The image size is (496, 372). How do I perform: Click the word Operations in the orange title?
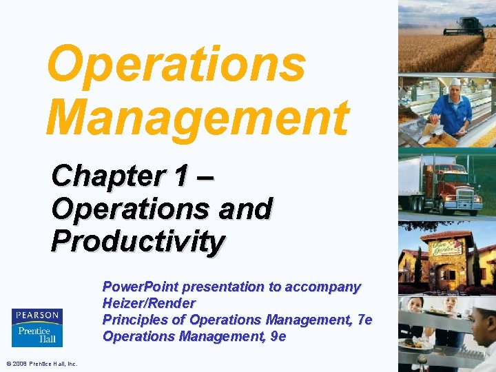pyautogui.click(x=176, y=63)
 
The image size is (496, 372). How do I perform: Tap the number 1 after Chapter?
pyautogui.click(x=181, y=176)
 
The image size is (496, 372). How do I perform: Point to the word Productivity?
pyautogui.click(x=138, y=241)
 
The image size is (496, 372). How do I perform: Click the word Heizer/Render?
pyautogui.click(x=149, y=303)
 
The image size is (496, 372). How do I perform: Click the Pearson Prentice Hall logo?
pyautogui.click(x=37, y=327)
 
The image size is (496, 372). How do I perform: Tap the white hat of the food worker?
pyautogui.click(x=455, y=82)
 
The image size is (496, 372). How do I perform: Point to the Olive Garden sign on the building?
pyautogui.click(x=448, y=244)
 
